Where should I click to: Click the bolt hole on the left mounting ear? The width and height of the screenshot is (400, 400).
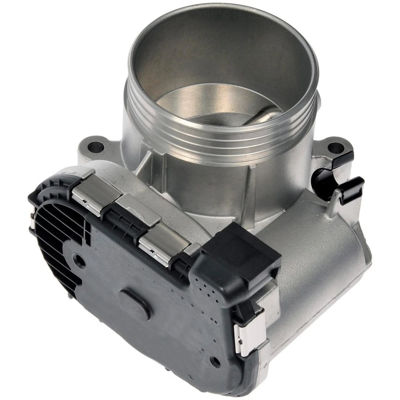pos(95,147)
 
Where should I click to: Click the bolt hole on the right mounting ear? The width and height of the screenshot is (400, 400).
pos(335,147)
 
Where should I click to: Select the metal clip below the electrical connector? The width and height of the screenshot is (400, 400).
pos(249,333)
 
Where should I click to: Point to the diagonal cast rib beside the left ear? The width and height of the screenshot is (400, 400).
pos(144,165)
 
